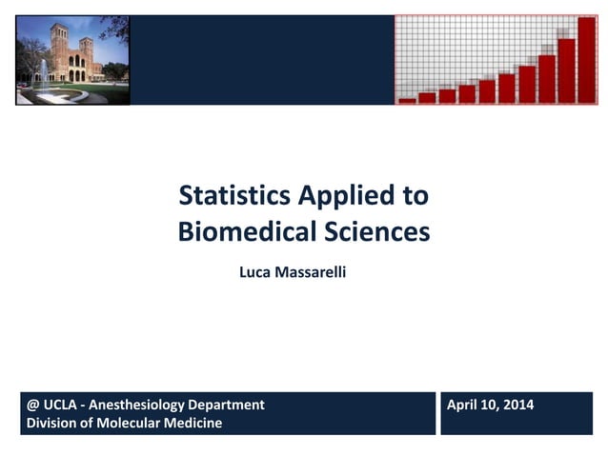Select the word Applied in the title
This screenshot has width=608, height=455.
click(343, 197)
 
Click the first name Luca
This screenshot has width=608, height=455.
click(255, 272)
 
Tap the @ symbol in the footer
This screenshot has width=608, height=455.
click(33, 406)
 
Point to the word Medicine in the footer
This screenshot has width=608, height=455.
click(193, 423)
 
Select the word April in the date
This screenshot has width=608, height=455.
click(463, 406)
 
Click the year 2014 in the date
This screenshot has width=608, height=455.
click(517, 406)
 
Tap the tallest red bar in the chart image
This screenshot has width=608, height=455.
click(586, 59)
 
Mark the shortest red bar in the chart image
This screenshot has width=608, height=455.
click(407, 99)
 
